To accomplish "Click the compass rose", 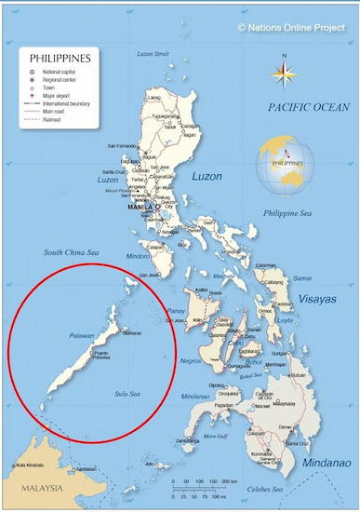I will [285, 71].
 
